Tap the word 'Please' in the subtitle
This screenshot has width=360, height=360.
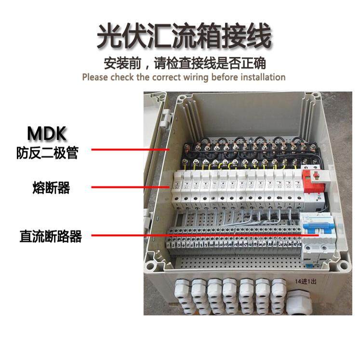coord(94,77)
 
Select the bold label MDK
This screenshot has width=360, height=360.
coord(46,133)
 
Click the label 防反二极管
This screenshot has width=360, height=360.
coord(46,153)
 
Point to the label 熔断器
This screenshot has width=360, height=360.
coord(51,188)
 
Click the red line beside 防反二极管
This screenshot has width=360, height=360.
coord(130,150)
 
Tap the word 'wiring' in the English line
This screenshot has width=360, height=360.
coord(198,77)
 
